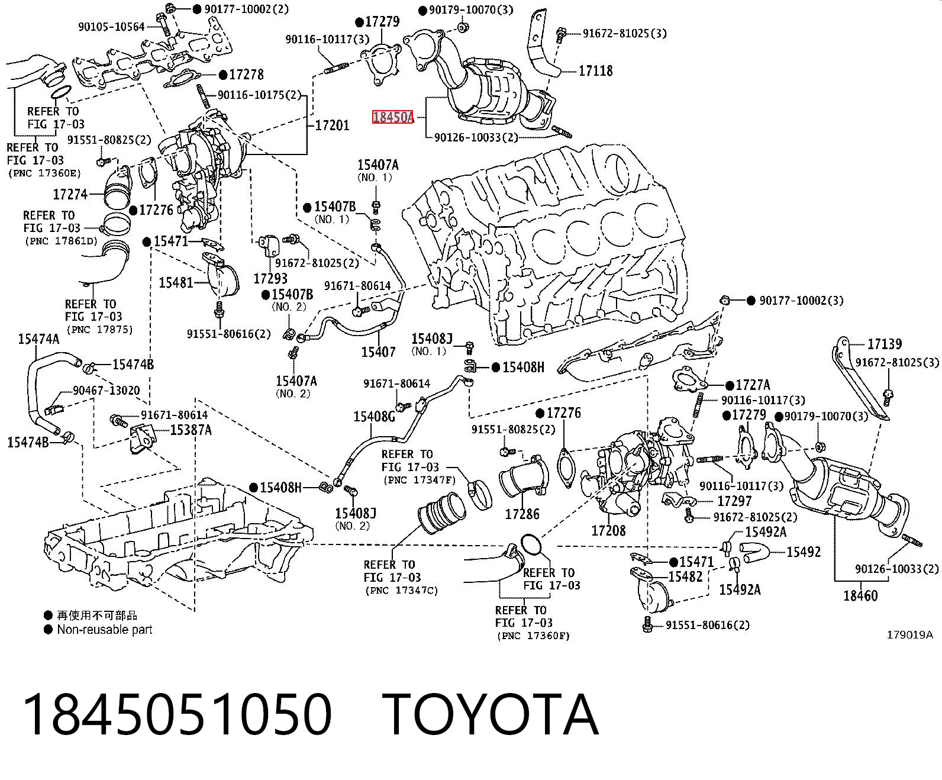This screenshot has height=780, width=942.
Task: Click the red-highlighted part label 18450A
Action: pyautogui.click(x=392, y=117)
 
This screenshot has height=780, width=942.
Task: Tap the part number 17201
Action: pyautogui.click(x=332, y=125)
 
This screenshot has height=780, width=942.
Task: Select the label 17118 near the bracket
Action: pyautogui.click(x=595, y=71)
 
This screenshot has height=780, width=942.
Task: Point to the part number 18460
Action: pyautogui.click(x=860, y=596)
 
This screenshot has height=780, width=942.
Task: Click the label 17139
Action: pyautogui.click(x=885, y=344)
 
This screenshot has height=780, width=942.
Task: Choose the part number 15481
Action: pyautogui.click(x=176, y=282)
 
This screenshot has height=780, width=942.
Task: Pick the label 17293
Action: pyautogui.click(x=270, y=278)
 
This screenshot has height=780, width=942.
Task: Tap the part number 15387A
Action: pyautogui.click(x=191, y=430)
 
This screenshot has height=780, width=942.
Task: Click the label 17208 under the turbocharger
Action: pyautogui.click(x=609, y=530)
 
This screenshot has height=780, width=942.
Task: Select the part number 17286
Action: pyautogui.click(x=522, y=514)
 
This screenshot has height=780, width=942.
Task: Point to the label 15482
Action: pyautogui.click(x=685, y=576)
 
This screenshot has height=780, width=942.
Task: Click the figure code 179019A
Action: pyautogui.click(x=909, y=634)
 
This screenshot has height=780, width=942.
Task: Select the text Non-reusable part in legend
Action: pyautogui.click(x=105, y=630)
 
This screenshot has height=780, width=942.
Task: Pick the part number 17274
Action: pyautogui.click(x=70, y=194)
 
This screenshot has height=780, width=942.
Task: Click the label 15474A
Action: pyautogui.click(x=39, y=339)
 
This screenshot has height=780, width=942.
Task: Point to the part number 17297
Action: pyautogui.click(x=734, y=501)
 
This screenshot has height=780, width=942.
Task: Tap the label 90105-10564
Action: pyautogui.click(x=111, y=27)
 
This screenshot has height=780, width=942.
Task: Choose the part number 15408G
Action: pyautogui.click(x=374, y=416)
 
